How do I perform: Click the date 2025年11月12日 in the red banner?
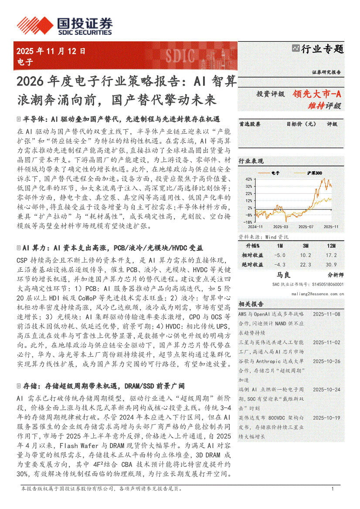[51, 51]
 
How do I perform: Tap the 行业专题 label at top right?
[322, 49]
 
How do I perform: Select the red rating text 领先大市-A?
[317, 93]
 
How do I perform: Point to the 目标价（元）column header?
[301, 124]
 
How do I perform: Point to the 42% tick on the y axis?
[248, 179]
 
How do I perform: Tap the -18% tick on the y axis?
[248, 222]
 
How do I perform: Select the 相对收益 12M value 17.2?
[332, 256]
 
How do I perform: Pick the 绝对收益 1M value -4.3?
[280, 264]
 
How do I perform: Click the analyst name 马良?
[283, 275]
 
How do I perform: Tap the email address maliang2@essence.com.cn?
[318, 294]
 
